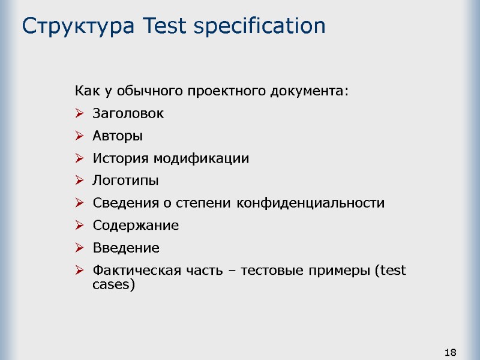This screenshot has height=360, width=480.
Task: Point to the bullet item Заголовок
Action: tap(128, 113)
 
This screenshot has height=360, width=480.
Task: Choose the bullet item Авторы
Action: tap(118, 136)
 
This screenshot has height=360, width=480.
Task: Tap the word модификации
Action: tap(200, 159)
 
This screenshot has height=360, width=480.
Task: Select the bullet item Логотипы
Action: tap(126, 181)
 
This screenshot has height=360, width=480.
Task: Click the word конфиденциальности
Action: tap(311, 203)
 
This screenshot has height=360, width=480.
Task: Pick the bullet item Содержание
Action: tap(136, 226)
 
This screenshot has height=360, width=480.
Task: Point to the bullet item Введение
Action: tap(126, 248)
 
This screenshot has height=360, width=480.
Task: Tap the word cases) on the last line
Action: tap(114, 285)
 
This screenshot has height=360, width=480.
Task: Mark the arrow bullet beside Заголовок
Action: tap(80, 114)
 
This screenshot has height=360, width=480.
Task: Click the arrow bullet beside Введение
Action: tap(80, 248)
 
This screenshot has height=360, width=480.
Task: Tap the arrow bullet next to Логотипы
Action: tap(80, 181)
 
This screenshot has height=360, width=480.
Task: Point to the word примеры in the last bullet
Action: tap(339, 271)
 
